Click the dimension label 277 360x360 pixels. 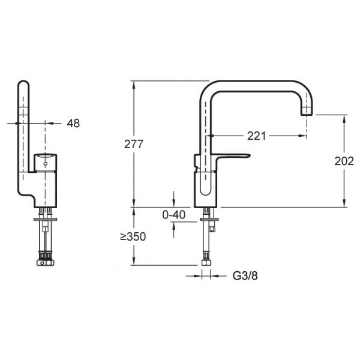click(134, 145)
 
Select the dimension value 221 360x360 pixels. click(256, 136)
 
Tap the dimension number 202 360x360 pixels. click(344, 161)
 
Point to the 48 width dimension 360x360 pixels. click(73, 123)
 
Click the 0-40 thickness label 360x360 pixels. click(174, 215)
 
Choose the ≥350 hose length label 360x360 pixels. click(133, 236)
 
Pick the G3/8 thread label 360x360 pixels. click(245, 276)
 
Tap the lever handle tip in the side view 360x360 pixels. click(248, 156)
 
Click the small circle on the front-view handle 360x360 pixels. click(45, 164)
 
